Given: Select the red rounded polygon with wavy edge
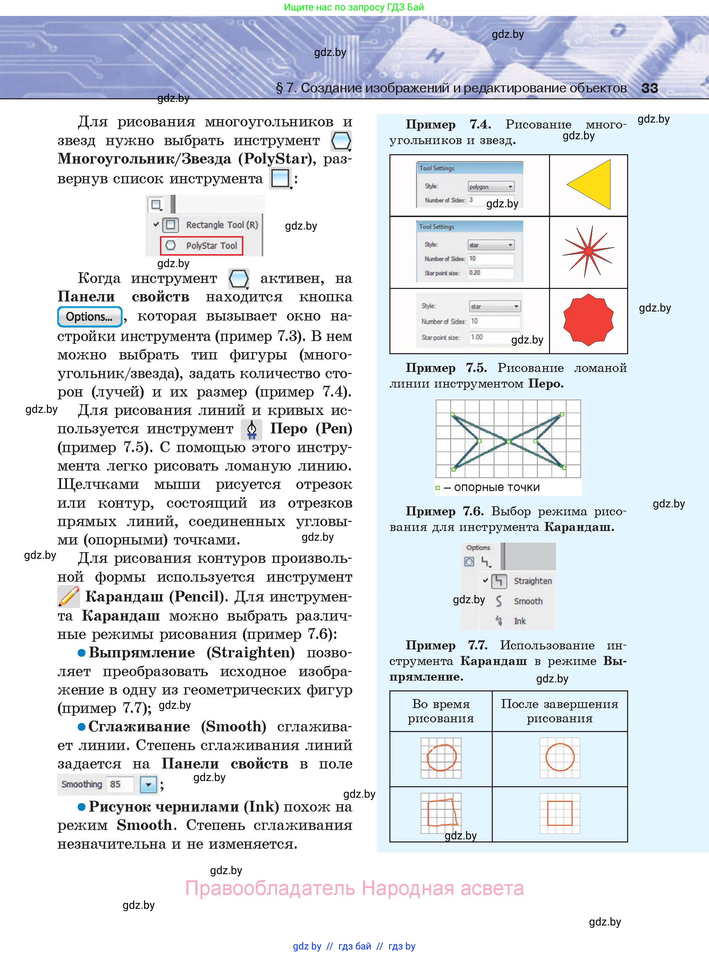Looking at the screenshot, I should pyautogui.click(x=588, y=320).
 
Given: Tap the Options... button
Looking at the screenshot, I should pyautogui.click(x=89, y=317).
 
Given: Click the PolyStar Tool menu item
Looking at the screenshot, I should pyautogui.click(x=202, y=246).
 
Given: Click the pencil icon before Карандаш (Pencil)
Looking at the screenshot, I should pyautogui.click(x=69, y=597).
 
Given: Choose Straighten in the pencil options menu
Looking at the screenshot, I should pyautogui.click(x=532, y=581).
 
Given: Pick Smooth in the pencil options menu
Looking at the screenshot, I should pyautogui.click(x=527, y=601).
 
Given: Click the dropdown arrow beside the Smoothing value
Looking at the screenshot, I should pyautogui.click(x=148, y=784).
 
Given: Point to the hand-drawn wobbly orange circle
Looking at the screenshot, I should pyautogui.click(x=441, y=757).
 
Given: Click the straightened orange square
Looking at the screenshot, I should pyautogui.click(x=560, y=813).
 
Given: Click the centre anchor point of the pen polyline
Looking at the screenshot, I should pyautogui.click(x=508, y=441).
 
